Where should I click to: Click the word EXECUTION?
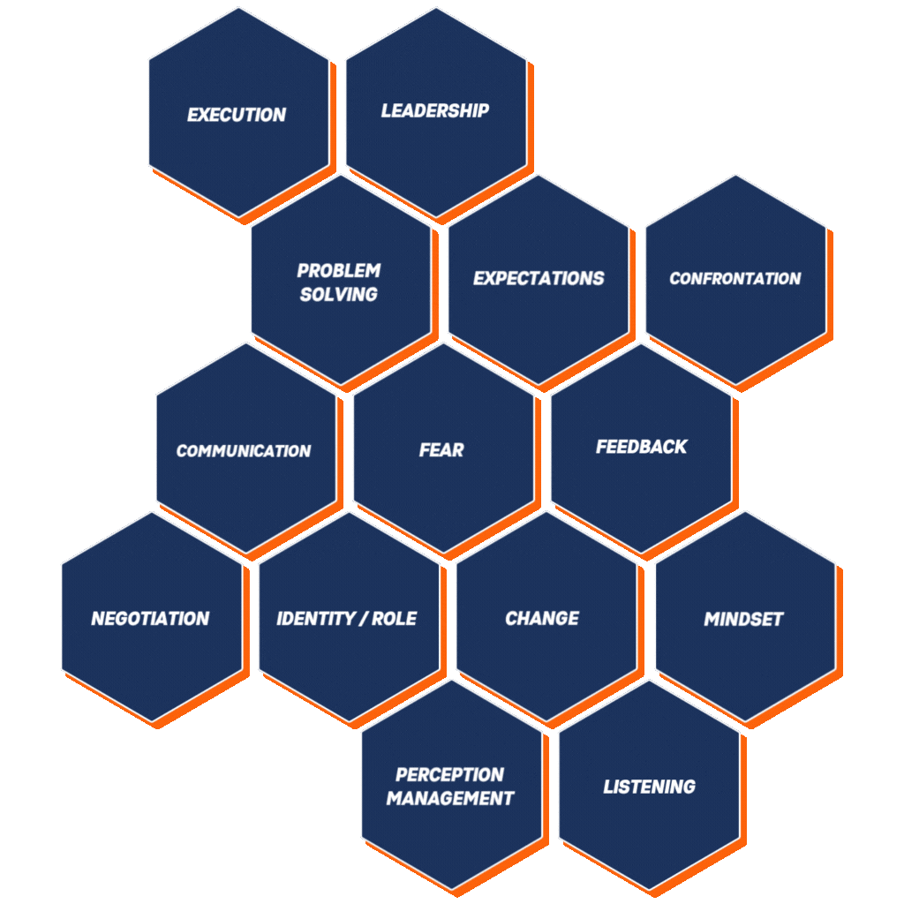pos(237,115)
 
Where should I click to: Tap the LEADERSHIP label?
pos(435,110)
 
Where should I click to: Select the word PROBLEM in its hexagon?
pos(339,270)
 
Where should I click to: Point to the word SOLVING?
pos(339,295)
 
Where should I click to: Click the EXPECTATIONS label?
pos(539,278)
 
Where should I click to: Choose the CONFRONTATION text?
pos(735,278)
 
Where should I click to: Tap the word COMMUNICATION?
pos(244,451)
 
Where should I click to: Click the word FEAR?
pos(441,449)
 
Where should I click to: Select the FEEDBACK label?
pos(641,446)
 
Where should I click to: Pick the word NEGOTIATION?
pos(150,619)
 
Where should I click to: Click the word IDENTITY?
pos(316,619)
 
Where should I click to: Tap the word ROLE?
pos(395,619)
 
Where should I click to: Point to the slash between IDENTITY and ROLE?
pos(364,619)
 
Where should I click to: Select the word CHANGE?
pos(542,618)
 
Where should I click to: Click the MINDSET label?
pos(743,619)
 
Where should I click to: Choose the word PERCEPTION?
pos(449,774)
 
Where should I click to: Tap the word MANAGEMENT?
pos(449,798)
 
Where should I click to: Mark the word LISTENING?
pos(649,787)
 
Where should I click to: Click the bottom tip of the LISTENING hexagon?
pos(649,891)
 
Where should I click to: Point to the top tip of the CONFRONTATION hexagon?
pos(735,176)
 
